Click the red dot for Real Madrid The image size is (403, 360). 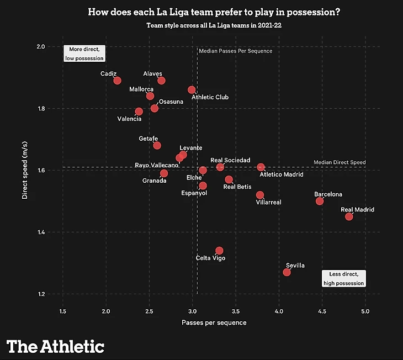349,216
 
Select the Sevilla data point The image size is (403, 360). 287,272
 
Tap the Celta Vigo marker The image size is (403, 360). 219,251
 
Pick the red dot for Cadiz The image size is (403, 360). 117,81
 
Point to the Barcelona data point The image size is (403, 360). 320,201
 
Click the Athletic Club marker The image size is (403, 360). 192,89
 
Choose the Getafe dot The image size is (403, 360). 157,145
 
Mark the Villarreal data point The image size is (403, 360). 260,195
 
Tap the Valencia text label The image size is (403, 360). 129,119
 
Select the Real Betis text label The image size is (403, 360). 237,187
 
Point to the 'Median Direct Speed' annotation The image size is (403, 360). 340,162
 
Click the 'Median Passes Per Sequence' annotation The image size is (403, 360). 235,51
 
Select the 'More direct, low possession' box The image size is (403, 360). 84,54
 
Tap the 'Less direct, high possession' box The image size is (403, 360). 343,279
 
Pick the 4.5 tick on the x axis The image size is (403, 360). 322,313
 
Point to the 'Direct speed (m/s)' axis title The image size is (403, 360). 25,171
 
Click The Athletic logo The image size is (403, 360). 55,346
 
